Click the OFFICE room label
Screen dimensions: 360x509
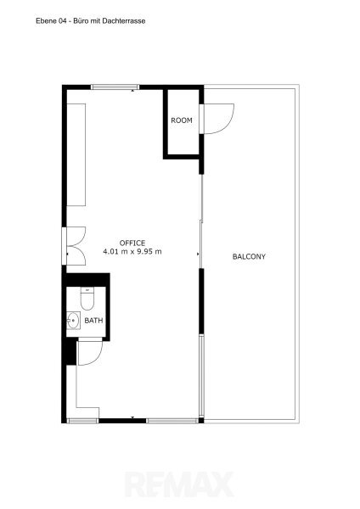(132, 243)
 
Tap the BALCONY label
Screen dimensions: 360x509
(249, 257)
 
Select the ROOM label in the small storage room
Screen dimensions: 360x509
(182, 120)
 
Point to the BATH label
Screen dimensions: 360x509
(93, 321)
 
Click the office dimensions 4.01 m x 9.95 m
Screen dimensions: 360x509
(132, 251)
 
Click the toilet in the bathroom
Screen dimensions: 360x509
(87, 299)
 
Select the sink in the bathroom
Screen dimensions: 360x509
(73, 321)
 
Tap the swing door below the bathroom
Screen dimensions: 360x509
(90, 351)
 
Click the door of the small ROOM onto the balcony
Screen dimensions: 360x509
(217, 119)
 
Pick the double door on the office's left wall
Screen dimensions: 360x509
(74, 246)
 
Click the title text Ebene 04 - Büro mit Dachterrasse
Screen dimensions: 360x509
(90, 21)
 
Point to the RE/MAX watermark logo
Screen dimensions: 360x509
(179, 484)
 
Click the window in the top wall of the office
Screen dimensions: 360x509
(115, 87)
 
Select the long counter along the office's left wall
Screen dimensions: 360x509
(76, 155)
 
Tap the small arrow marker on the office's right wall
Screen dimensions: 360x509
(198, 255)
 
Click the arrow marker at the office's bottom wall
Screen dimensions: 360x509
(132, 417)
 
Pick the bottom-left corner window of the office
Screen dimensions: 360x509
(82, 421)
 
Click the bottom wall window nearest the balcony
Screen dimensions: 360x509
(172, 421)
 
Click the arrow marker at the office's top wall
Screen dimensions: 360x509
(132, 91)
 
